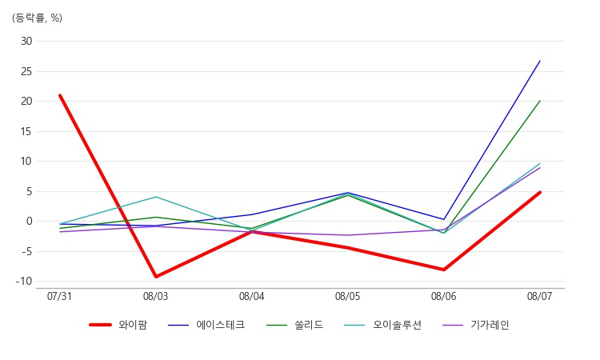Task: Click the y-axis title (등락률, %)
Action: [x=37, y=18]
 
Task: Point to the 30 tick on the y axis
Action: [x=27, y=41]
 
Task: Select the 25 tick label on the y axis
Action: [x=27, y=71]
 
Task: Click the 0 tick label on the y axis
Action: [x=30, y=221]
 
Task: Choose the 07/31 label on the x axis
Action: [x=60, y=296]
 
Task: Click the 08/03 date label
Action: [x=156, y=296]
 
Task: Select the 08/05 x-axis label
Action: [x=348, y=296]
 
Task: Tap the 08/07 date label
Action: [x=540, y=296]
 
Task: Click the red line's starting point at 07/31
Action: [x=60, y=95]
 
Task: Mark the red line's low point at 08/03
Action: [x=156, y=277]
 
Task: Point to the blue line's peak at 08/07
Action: [x=540, y=61]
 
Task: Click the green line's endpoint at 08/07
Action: [x=540, y=101]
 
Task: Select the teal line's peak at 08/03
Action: [x=156, y=197]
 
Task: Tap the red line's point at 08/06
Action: [x=444, y=270]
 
